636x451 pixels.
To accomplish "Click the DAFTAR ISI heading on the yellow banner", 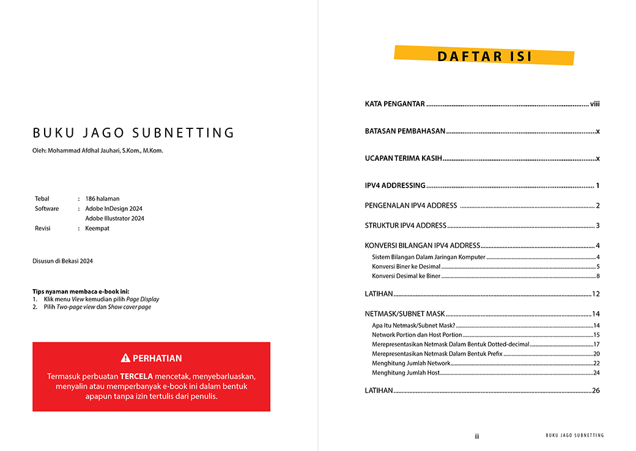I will pos(484,56).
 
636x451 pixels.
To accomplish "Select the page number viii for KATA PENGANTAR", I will pos(594,104).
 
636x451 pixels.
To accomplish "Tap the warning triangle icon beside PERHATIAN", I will pos(125,358).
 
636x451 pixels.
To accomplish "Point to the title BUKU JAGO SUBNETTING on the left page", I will pos(133,133).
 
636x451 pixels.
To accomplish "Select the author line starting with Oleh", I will pos(98,151).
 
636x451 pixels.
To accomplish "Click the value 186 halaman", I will pos(102,199).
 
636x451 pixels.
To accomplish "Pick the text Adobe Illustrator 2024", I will pos(114,218).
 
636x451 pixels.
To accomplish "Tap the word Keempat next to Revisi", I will pos(97,228).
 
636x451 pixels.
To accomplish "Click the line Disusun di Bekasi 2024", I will pos(62,261).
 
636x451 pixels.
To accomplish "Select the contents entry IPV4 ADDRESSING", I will pos(395,186).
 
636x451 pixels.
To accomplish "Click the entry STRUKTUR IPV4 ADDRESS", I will pos(405,226).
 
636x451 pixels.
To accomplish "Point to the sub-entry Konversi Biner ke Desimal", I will pos(405,266).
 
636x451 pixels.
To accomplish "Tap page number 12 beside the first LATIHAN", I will pos(596,294).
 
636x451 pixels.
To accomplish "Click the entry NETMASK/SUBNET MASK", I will pos(405,314).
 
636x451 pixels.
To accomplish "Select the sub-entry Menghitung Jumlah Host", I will pos(405,373).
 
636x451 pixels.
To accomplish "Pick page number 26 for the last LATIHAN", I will pos(596,391).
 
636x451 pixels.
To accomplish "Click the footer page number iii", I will pos(477,436).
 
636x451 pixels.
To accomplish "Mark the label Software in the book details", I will pos(47,208).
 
